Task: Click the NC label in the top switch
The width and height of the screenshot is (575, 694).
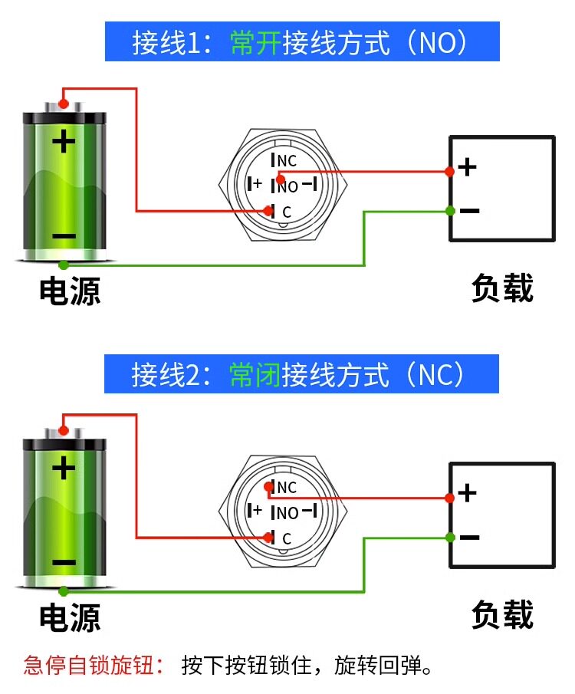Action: coord(287,161)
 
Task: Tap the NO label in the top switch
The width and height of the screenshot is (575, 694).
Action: coord(287,187)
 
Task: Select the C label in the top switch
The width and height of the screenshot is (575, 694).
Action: coord(287,212)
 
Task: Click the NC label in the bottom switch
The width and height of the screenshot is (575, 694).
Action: coord(287,487)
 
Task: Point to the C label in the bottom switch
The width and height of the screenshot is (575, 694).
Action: coord(287,538)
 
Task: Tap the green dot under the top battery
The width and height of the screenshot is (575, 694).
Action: coord(64,265)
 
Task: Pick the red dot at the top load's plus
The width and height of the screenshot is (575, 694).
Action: coord(449,171)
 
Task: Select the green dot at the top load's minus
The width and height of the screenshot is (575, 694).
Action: coord(450,211)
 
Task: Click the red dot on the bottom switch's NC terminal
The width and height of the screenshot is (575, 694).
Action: coord(268,487)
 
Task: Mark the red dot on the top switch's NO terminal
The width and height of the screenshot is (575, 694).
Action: coord(280,179)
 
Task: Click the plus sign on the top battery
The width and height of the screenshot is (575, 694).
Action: coord(64,141)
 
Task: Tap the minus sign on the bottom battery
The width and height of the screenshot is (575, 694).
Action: coord(64,563)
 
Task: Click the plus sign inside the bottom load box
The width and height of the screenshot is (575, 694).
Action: coord(468,493)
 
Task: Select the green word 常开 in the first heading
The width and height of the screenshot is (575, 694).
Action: coord(255,43)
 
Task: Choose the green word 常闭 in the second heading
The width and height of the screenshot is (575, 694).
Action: coord(255,375)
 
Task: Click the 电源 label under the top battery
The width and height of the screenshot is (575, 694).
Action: coord(70,291)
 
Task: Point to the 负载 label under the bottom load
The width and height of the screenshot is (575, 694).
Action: coord(502,614)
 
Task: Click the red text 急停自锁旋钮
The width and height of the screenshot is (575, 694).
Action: coord(88,665)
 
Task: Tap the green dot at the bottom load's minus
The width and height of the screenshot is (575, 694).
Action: coord(450,538)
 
